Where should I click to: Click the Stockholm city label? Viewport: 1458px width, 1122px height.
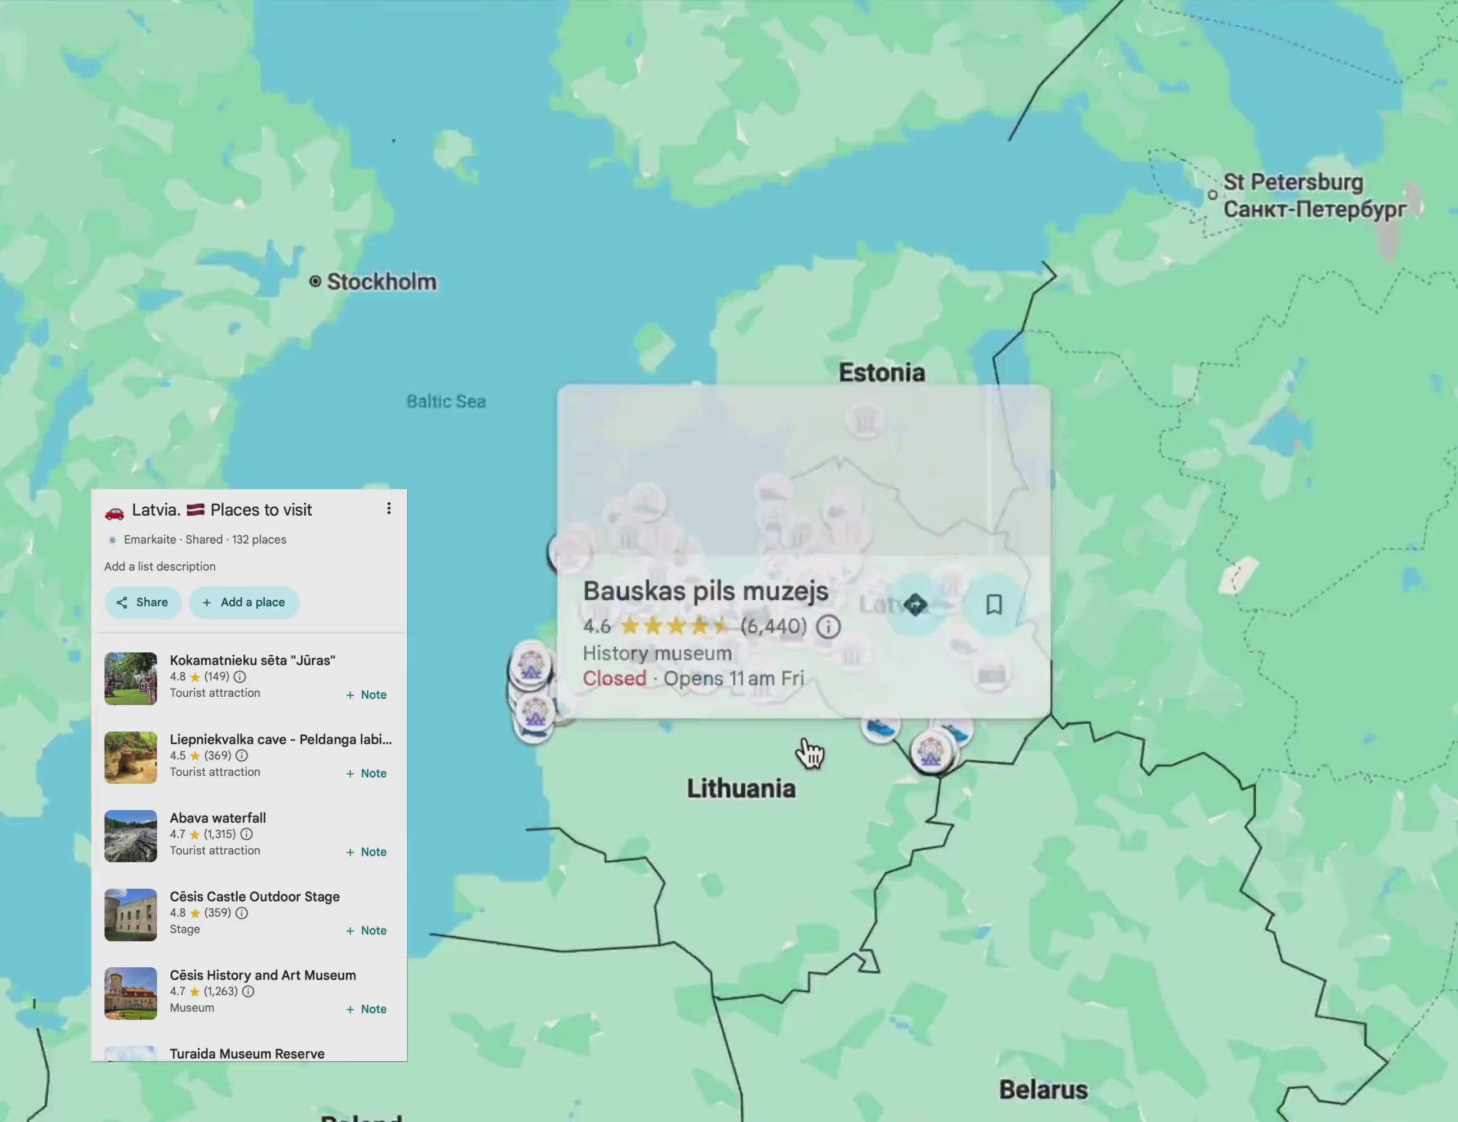point(381,282)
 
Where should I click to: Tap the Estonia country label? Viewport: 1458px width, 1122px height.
point(881,373)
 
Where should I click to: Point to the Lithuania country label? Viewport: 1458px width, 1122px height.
point(741,789)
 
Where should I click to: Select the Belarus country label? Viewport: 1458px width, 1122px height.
point(1043,1090)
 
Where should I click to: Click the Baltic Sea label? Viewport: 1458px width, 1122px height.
point(446,401)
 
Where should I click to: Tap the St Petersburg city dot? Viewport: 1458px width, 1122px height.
point(1212,195)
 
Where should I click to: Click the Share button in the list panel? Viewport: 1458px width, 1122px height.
point(143,603)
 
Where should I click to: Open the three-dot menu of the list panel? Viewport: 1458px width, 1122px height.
point(389,509)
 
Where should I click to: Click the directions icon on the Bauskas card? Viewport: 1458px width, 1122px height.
point(915,604)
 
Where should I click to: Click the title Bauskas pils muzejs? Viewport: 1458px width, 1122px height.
point(705,591)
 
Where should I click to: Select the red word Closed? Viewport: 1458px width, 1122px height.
point(614,679)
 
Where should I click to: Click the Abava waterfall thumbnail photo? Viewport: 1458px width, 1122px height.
point(131,836)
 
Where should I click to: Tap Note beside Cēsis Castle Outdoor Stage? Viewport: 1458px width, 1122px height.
point(367,930)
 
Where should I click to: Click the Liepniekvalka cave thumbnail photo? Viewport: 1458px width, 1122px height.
point(131,757)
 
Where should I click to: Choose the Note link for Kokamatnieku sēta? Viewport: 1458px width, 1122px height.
point(367,695)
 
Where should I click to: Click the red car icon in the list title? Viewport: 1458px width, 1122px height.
point(115,512)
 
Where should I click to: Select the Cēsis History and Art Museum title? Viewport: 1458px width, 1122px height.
point(262,975)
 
